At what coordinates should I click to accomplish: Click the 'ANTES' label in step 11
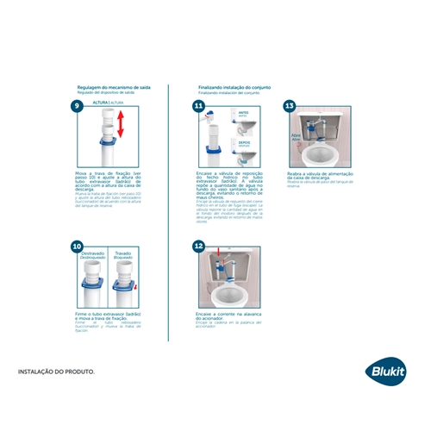click(x=244, y=109)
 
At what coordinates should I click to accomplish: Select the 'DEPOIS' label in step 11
click(x=244, y=143)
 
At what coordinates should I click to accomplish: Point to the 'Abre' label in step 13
click(x=295, y=135)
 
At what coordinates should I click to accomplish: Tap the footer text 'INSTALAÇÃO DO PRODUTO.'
click(x=57, y=372)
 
